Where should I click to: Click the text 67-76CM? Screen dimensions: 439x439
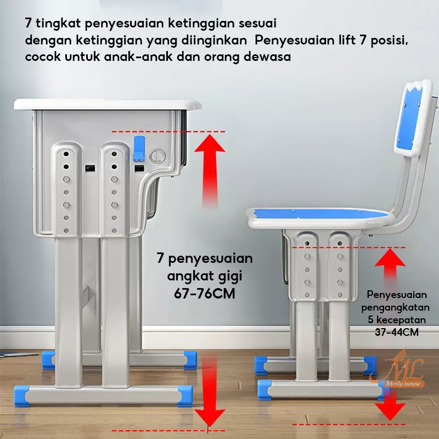point(205,294)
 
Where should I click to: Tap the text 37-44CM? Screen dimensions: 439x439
point(397,332)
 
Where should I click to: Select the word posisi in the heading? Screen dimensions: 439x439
point(390,40)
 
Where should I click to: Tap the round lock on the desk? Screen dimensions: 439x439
point(157,155)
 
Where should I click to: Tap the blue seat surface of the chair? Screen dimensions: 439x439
point(319,215)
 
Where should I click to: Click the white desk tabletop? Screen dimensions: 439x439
point(108,104)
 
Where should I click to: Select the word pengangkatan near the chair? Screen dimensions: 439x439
point(395,307)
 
